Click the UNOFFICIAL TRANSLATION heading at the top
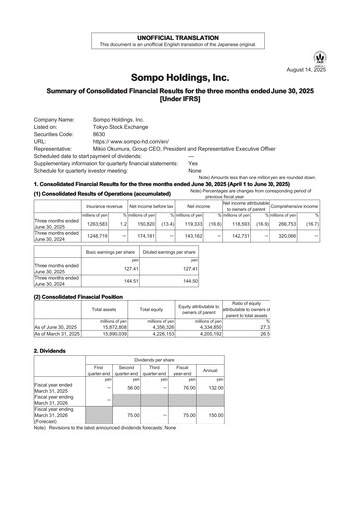click(179, 8)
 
